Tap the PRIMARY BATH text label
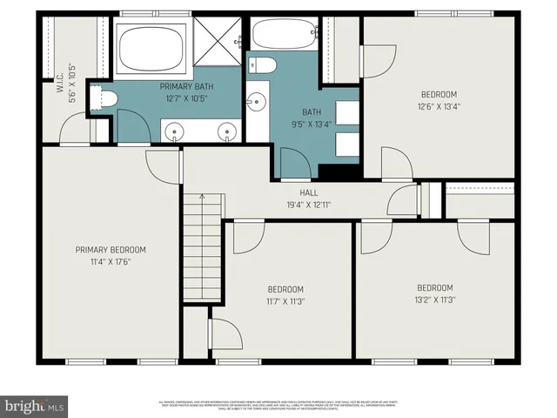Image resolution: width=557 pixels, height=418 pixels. [x=186, y=86]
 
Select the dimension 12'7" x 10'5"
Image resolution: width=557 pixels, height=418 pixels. [x=186, y=98]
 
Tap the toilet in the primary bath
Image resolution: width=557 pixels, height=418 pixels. [x=106, y=98]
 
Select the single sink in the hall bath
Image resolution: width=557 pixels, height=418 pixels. [x=256, y=103]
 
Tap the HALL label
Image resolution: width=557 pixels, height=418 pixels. [x=308, y=193]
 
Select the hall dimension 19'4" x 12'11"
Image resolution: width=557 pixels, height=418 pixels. [x=308, y=205]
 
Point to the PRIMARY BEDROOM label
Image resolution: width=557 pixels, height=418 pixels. [x=111, y=250]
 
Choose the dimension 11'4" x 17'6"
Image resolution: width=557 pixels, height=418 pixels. [x=111, y=261]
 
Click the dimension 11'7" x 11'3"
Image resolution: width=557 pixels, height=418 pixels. [x=285, y=301]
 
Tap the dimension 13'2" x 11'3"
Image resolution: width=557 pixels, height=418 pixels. [x=434, y=300]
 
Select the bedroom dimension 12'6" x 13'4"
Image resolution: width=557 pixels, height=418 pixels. [x=439, y=106]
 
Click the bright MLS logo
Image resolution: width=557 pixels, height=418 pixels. [x=34, y=406]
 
